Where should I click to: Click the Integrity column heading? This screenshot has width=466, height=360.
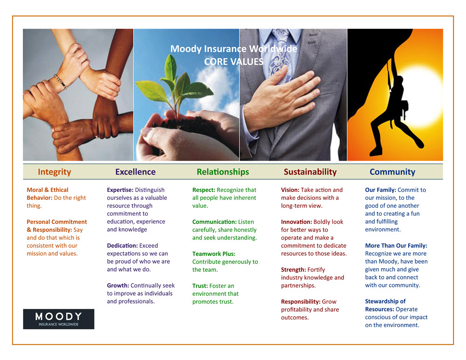(x=55, y=172)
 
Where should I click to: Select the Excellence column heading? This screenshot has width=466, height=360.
(x=135, y=172)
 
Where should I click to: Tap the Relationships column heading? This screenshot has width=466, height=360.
(x=223, y=172)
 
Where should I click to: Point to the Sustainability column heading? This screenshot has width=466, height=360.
(x=310, y=172)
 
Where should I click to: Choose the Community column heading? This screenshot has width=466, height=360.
(x=392, y=172)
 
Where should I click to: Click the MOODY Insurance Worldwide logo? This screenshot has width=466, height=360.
(x=59, y=319)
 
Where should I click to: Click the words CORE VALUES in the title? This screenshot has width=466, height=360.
(x=233, y=61)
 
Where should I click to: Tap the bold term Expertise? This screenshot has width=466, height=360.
(x=120, y=190)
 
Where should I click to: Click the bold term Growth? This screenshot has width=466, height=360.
(x=118, y=285)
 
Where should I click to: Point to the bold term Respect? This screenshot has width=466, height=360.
(x=204, y=190)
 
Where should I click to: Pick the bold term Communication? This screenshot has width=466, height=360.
(x=214, y=222)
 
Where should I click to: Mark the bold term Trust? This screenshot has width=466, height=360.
(x=200, y=286)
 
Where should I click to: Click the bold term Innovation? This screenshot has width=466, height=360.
(x=296, y=222)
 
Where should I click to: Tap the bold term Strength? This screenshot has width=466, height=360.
(x=294, y=270)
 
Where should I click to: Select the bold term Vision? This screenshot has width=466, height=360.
(x=290, y=190)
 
